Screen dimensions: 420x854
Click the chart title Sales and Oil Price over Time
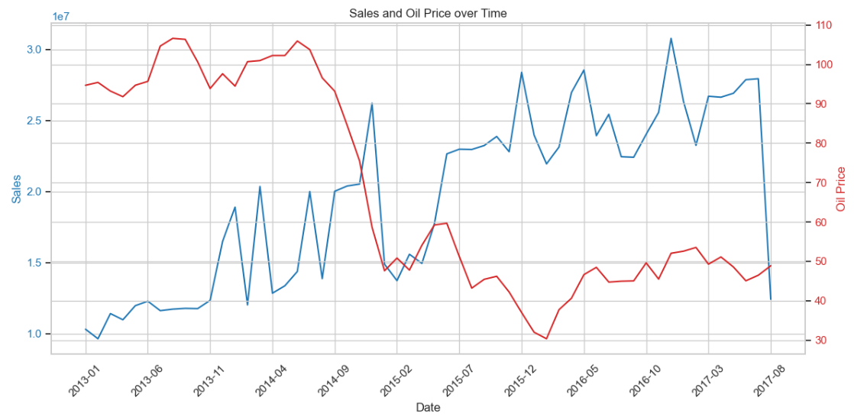pyautogui.click(x=428, y=13)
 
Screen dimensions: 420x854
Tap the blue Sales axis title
pyautogui.click(x=16, y=188)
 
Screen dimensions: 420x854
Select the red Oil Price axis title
pyautogui.click(x=841, y=189)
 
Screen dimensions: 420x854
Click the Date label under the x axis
pyautogui.click(x=428, y=408)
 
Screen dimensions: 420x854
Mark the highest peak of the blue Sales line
pyautogui.click(x=671, y=38)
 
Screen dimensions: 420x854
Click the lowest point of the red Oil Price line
pyautogui.click(x=546, y=338)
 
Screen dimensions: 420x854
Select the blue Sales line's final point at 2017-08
pyautogui.click(x=771, y=299)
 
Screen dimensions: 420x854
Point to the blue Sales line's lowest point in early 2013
pyautogui.click(x=98, y=338)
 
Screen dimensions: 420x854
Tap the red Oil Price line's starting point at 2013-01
pyautogui.click(x=86, y=85)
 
